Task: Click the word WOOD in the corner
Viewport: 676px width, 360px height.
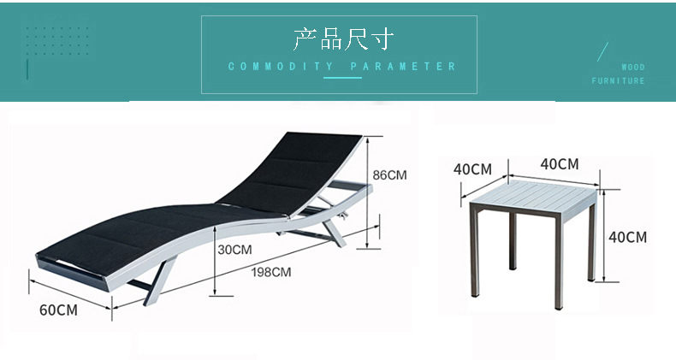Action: (633, 67)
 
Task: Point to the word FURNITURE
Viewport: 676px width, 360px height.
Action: (619, 81)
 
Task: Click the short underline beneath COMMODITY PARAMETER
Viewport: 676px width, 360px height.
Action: (342, 78)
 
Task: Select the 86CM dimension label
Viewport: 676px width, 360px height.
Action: (389, 174)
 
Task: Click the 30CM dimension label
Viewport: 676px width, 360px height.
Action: (234, 251)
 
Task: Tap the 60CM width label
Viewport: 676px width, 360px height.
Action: (58, 310)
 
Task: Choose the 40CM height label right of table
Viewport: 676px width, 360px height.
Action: (627, 237)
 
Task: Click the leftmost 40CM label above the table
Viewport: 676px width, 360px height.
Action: (472, 168)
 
